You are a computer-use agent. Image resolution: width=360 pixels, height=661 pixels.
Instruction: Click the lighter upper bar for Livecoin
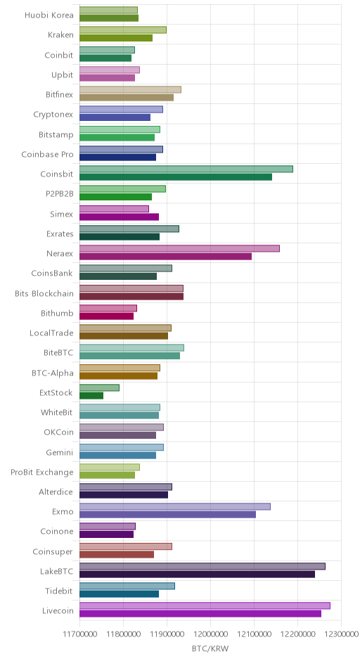(205, 605)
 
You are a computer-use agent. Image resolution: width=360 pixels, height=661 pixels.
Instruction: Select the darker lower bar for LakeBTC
(198, 575)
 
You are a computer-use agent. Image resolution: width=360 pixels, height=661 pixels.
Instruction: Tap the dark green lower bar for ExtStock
(91, 395)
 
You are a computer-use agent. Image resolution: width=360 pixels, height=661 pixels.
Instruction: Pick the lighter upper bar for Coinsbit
(186, 169)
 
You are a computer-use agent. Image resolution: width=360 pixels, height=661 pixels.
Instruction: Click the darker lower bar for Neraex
(166, 256)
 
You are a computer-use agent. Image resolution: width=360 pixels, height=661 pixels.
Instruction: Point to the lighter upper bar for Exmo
(175, 507)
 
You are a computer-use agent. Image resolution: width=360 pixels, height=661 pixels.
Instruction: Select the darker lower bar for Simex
(120, 217)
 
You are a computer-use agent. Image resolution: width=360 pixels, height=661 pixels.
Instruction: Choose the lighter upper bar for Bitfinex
(130, 89)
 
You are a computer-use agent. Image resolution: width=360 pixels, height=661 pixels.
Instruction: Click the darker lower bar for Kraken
(116, 38)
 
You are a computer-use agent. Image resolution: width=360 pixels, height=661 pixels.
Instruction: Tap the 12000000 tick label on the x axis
(210, 634)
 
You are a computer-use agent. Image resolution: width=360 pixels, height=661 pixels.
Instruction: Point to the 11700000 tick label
(79, 634)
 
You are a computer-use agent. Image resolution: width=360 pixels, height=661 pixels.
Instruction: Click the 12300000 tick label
(341, 634)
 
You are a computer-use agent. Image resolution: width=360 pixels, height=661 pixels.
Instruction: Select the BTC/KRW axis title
(210, 649)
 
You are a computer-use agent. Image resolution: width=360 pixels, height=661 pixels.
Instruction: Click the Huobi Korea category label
(49, 15)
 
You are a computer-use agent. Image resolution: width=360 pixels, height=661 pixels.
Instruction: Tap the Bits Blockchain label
(44, 293)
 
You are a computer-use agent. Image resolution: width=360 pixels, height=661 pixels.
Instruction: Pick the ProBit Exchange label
(42, 472)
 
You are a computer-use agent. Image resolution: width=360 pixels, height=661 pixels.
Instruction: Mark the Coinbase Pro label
(48, 154)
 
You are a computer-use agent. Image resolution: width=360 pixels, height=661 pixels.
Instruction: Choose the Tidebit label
(60, 591)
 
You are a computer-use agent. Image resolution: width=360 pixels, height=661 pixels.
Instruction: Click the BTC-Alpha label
(53, 373)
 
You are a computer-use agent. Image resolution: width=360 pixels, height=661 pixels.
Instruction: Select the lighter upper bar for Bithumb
(108, 308)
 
